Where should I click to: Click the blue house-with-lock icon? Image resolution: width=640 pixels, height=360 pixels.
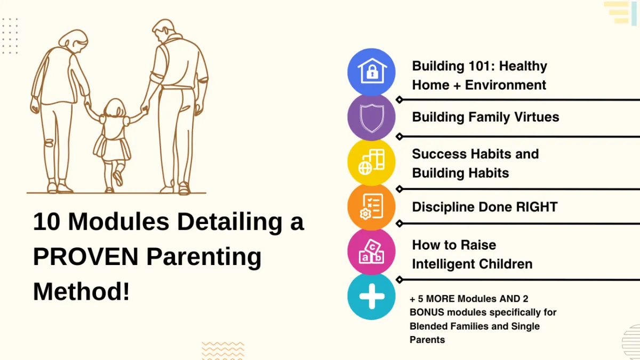pyautogui.click(x=371, y=72)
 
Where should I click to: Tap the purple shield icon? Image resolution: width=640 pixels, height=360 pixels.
pyautogui.click(x=371, y=117)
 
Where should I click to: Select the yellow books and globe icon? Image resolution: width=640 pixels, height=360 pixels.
pyautogui.click(x=371, y=162)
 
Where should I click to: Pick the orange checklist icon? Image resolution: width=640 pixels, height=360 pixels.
pyautogui.click(x=371, y=207)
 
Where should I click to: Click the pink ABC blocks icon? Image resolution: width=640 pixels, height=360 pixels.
pyautogui.click(x=371, y=252)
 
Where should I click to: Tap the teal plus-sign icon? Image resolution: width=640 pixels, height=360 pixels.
pyautogui.click(x=371, y=297)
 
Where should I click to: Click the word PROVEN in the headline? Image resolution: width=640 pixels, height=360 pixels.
pyautogui.click(x=86, y=257)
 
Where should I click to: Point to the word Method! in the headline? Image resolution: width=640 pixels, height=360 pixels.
pyautogui.click(x=82, y=291)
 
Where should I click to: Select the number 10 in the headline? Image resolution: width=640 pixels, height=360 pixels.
pyautogui.click(x=46, y=221)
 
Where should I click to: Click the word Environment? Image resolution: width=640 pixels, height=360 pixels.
pyautogui.click(x=506, y=85)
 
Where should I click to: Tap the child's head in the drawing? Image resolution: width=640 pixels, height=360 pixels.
pyautogui.click(x=115, y=108)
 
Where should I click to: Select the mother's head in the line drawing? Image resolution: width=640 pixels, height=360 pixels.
pyautogui.click(x=74, y=41)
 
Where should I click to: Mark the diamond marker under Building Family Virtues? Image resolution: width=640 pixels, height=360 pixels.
pyautogui.click(x=399, y=137)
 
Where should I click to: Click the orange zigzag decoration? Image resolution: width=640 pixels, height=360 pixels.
pyautogui.click(x=223, y=350)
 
